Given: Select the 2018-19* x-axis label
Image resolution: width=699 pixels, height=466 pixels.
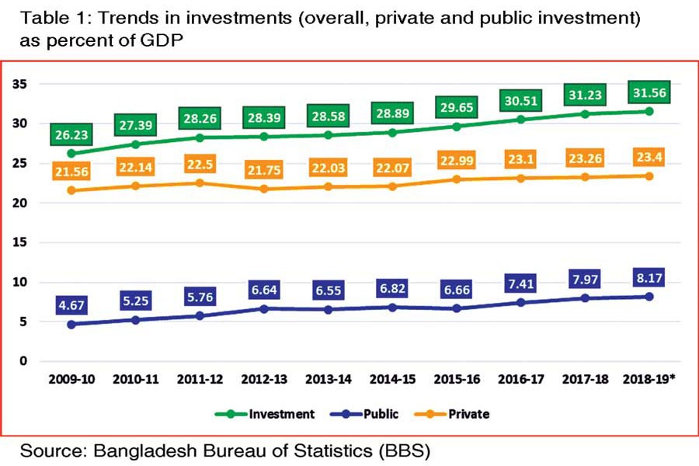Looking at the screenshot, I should click(x=650, y=380).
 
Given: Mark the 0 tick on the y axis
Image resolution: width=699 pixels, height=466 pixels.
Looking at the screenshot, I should click(x=24, y=361).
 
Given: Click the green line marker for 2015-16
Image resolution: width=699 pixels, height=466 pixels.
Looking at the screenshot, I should click(x=457, y=127).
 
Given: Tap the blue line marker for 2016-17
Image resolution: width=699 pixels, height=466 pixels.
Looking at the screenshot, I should click(x=521, y=302).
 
